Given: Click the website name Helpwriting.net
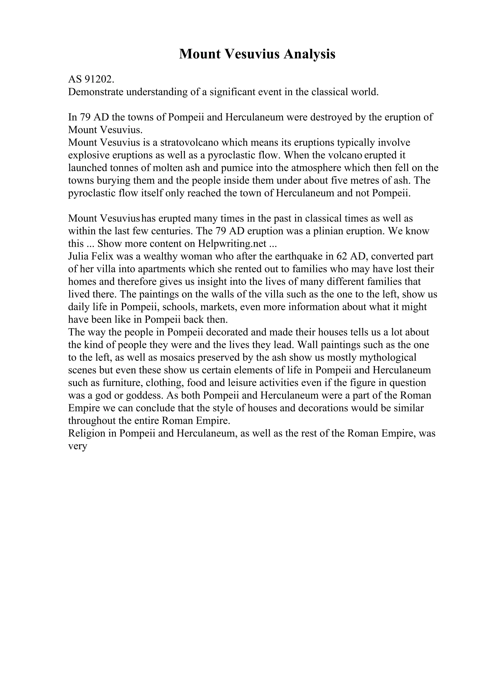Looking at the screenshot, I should [x=232, y=244].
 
